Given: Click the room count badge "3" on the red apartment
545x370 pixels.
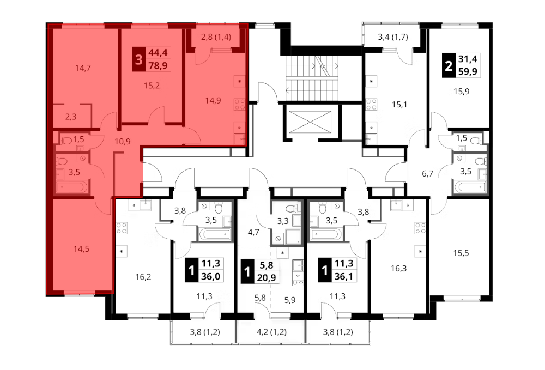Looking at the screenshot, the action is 138,59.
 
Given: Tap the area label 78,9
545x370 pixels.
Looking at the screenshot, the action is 158,65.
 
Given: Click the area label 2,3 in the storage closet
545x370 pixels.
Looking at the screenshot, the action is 70,117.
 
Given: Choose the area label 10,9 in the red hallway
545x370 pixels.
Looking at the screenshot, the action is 123,141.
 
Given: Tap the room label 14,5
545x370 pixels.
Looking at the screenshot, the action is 81,248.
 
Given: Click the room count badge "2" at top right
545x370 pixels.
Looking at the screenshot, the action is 449,65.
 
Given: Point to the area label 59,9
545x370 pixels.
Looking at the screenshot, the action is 468,72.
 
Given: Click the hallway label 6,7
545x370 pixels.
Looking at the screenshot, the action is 427,173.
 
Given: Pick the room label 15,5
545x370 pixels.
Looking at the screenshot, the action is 461,253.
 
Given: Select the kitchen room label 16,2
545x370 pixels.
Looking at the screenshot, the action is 143,277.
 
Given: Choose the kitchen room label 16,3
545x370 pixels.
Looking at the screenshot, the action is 399,268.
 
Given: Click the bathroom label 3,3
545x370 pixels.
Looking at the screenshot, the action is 283,221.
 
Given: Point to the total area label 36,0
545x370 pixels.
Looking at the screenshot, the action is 210,276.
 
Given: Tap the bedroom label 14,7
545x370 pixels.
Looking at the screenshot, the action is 83,68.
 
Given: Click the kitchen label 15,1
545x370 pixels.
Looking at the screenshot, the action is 399,104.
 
